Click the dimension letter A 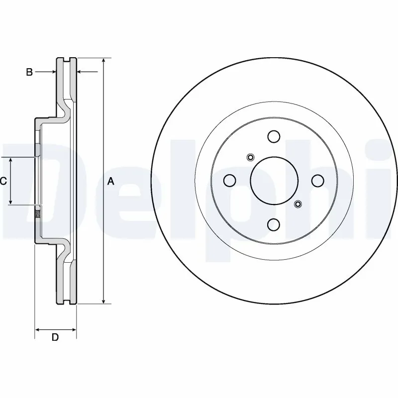pos(111,182)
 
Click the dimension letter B pos(29,73)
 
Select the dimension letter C pos(3,181)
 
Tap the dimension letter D pos(55,337)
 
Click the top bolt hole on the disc pos(273,136)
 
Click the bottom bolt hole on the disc pos(273,225)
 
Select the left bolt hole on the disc pos(229,181)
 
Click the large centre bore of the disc pos(273,181)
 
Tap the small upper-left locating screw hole pos(250,158)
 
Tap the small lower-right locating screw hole pos(298,203)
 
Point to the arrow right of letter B pos(52,73)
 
